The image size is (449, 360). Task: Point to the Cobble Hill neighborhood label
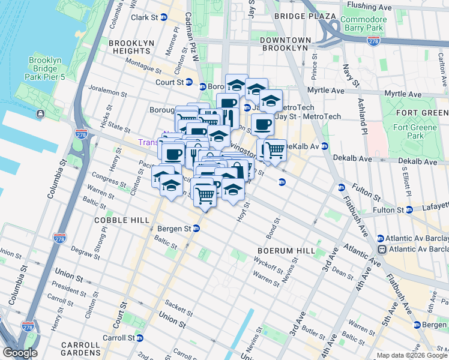pos(122,220)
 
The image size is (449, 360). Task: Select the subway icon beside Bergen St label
pos(196,229)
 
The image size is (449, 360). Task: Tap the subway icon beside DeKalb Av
pos(325,146)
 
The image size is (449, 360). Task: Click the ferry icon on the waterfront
pos(40,113)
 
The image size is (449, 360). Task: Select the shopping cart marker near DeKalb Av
pos(275,150)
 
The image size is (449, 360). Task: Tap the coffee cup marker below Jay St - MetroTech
pos(262,125)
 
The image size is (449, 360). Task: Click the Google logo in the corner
pos(20,353)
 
